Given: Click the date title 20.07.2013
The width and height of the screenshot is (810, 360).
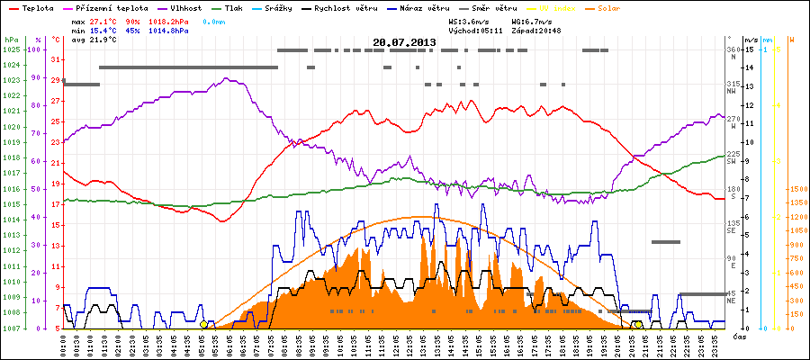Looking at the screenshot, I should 404,42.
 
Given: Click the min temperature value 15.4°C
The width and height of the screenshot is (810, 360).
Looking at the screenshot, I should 102,30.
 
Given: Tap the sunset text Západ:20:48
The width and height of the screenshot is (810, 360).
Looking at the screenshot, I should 537,30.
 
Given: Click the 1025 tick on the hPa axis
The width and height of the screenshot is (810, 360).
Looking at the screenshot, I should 11,49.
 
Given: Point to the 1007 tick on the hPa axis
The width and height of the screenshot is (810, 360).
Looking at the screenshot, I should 11,328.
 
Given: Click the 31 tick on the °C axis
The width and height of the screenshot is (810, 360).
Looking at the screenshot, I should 56,60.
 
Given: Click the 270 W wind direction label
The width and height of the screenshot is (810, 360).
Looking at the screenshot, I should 733,119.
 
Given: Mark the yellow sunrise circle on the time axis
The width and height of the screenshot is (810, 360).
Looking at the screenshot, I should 204,325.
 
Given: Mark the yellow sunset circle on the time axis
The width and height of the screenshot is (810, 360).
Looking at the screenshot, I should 637,325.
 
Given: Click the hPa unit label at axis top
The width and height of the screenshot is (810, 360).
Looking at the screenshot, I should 11,40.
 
